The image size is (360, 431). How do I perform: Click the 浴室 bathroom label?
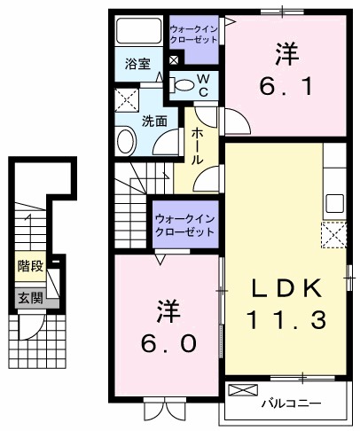tap(137, 65)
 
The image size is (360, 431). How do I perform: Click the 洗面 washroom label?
tap(155, 121)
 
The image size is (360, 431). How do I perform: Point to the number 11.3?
tap(285, 320)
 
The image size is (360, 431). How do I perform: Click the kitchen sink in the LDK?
tap(334, 201)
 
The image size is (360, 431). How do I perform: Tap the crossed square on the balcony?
tap(241, 390)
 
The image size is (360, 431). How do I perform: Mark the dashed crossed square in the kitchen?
tap(333, 235)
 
